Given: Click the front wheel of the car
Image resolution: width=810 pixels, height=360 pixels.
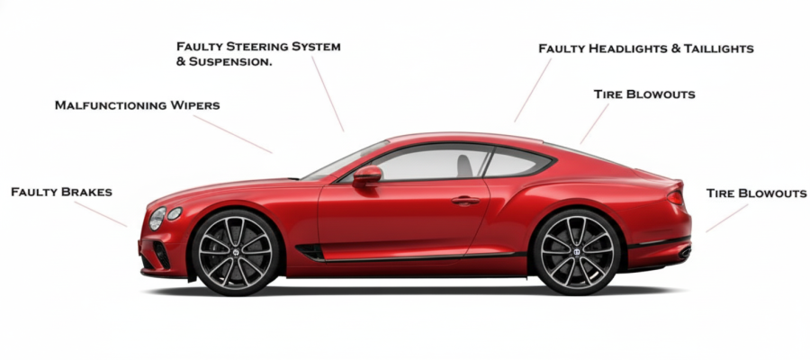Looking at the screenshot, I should click(237, 254).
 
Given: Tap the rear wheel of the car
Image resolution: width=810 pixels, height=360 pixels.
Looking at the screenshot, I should click(577, 254).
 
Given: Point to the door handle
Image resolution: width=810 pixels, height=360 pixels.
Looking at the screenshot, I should click(465, 200).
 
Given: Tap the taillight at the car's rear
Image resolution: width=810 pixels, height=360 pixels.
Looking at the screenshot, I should click(675, 196).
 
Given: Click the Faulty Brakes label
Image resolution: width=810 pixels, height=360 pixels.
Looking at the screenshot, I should click(61, 192).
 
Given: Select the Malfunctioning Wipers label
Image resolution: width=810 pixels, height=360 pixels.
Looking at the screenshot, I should click(137, 105).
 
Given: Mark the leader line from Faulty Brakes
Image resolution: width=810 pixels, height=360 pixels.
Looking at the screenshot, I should click(101, 214).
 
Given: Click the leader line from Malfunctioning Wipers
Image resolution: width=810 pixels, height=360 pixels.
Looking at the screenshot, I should click(231, 134).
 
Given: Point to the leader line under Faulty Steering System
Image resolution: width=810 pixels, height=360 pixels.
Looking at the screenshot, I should click(328, 94).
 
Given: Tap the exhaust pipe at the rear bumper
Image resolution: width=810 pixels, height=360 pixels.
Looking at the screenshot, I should click(684, 254).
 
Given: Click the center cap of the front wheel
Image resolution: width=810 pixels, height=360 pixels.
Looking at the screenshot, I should click(237, 254).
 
